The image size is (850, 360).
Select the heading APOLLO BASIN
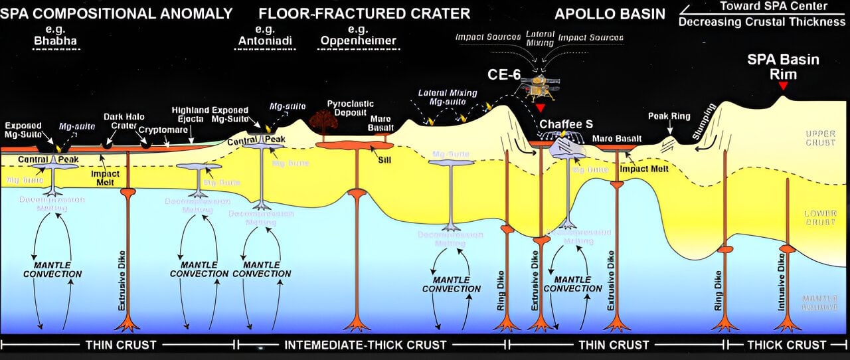610,13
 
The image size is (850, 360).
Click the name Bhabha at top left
56,41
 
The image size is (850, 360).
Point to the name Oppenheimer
358,41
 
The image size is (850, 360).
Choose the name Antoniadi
265,41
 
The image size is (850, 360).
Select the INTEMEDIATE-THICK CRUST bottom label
365,345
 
